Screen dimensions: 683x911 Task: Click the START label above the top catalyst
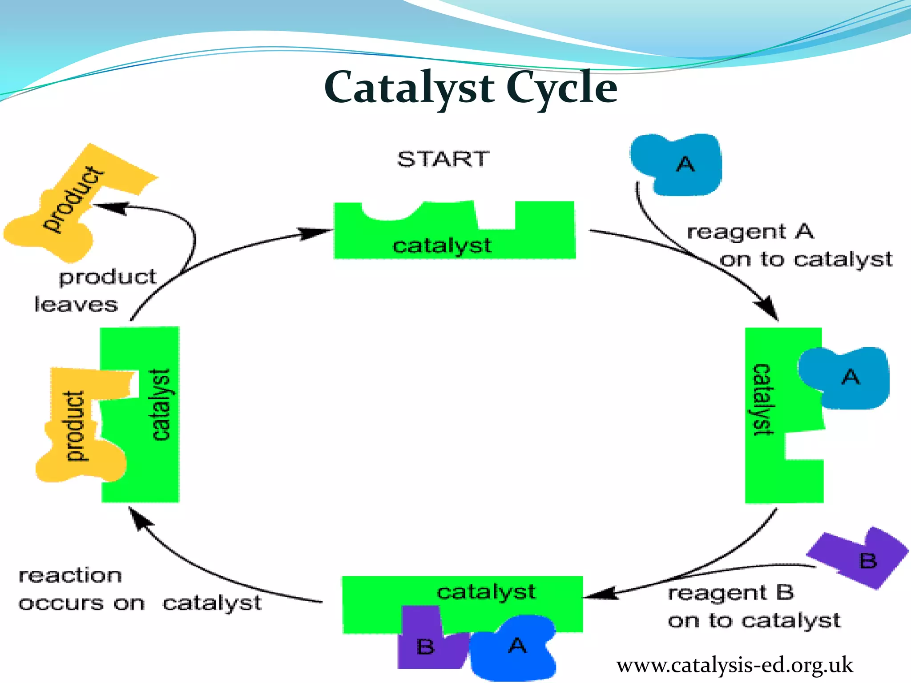pyautogui.click(x=443, y=159)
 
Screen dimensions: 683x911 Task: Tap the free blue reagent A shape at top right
pyautogui.click(x=678, y=165)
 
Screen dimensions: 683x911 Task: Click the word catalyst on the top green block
pyautogui.click(x=442, y=246)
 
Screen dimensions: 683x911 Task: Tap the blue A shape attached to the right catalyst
pyautogui.click(x=845, y=378)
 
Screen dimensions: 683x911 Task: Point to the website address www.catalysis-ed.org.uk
pyautogui.click(x=734, y=666)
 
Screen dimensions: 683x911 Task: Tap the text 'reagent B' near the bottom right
pyautogui.click(x=730, y=593)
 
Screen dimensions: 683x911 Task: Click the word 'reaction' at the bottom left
pyautogui.click(x=70, y=576)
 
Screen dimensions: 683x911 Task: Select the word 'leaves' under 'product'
pyautogui.click(x=76, y=305)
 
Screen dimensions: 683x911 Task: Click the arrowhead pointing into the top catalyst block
pyautogui.click(x=318, y=232)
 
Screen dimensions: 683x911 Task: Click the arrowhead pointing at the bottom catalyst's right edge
pyautogui.click(x=601, y=594)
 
